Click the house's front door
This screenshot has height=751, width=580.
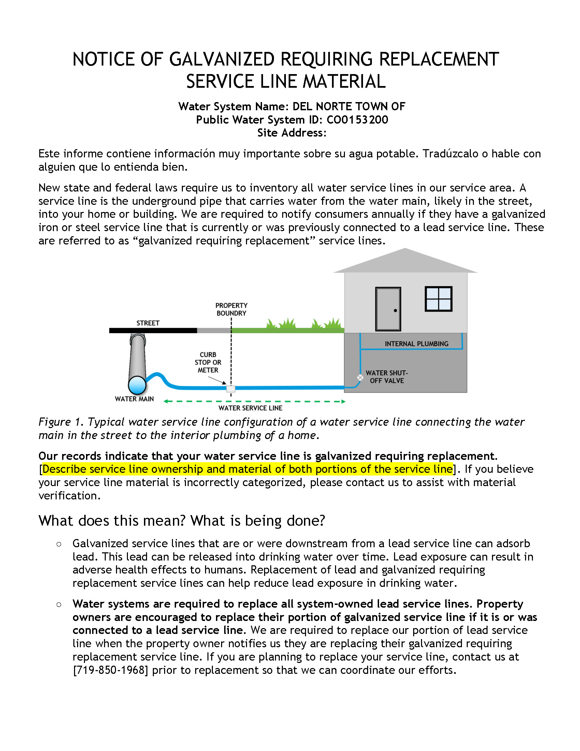(388, 309)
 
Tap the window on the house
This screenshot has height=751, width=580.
(438, 299)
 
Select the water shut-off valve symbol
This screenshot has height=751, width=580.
(360, 378)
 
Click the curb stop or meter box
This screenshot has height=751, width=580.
(231, 388)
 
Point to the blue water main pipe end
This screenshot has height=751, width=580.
(137, 385)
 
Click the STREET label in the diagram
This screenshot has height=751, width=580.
(148, 323)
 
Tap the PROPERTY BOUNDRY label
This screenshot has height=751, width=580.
(231, 309)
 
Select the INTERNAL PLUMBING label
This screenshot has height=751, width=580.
(417, 343)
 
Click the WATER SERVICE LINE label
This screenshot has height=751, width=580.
(250, 408)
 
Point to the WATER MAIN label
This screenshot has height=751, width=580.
(134, 399)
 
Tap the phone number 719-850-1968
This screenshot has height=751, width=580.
(111, 670)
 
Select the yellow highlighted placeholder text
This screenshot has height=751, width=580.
(247, 469)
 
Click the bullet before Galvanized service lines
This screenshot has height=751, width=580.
(59, 544)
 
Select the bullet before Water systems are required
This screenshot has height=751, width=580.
(59, 605)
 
